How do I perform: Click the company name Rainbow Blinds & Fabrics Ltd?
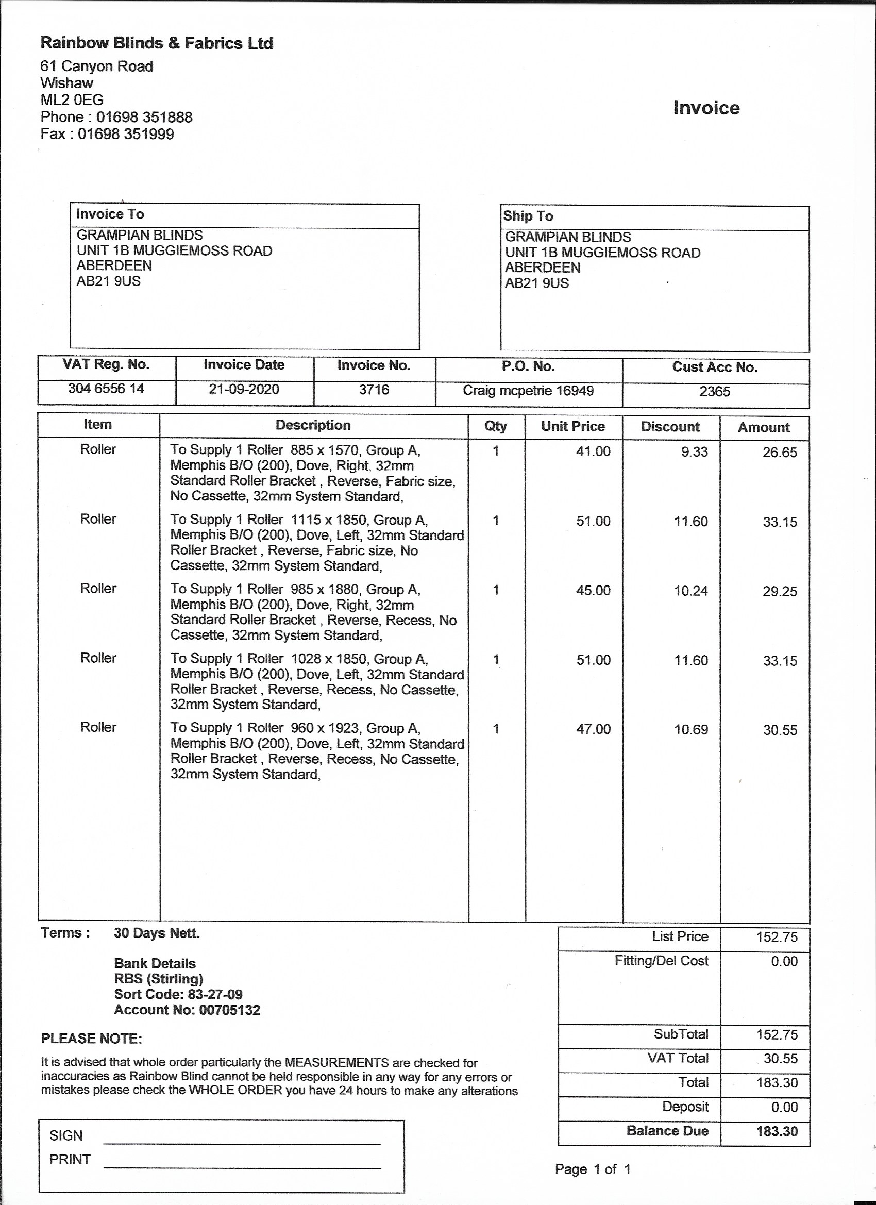click(x=157, y=43)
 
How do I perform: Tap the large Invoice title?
click(x=706, y=108)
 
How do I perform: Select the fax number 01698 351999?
click(x=126, y=134)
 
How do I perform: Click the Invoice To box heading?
click(x=110, y=214)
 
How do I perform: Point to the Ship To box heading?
click(x=528, y=216)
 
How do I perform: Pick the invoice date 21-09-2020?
click(x=244, y=390)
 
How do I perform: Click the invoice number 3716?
click(x=374, y=390)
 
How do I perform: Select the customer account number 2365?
click(x=715, y=392)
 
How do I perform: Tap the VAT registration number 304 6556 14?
click(x=106, y=389)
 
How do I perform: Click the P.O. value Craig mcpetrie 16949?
click(x=528, y=391)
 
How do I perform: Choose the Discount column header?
click(x=670, y=427)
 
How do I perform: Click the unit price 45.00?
click(x=594, y=591)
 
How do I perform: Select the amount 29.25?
click(x=780, y=591)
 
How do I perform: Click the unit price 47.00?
click(x=594, y=729)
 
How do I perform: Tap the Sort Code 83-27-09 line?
click(x=178, y=995)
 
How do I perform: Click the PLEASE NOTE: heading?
click(x=91, y=1039)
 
